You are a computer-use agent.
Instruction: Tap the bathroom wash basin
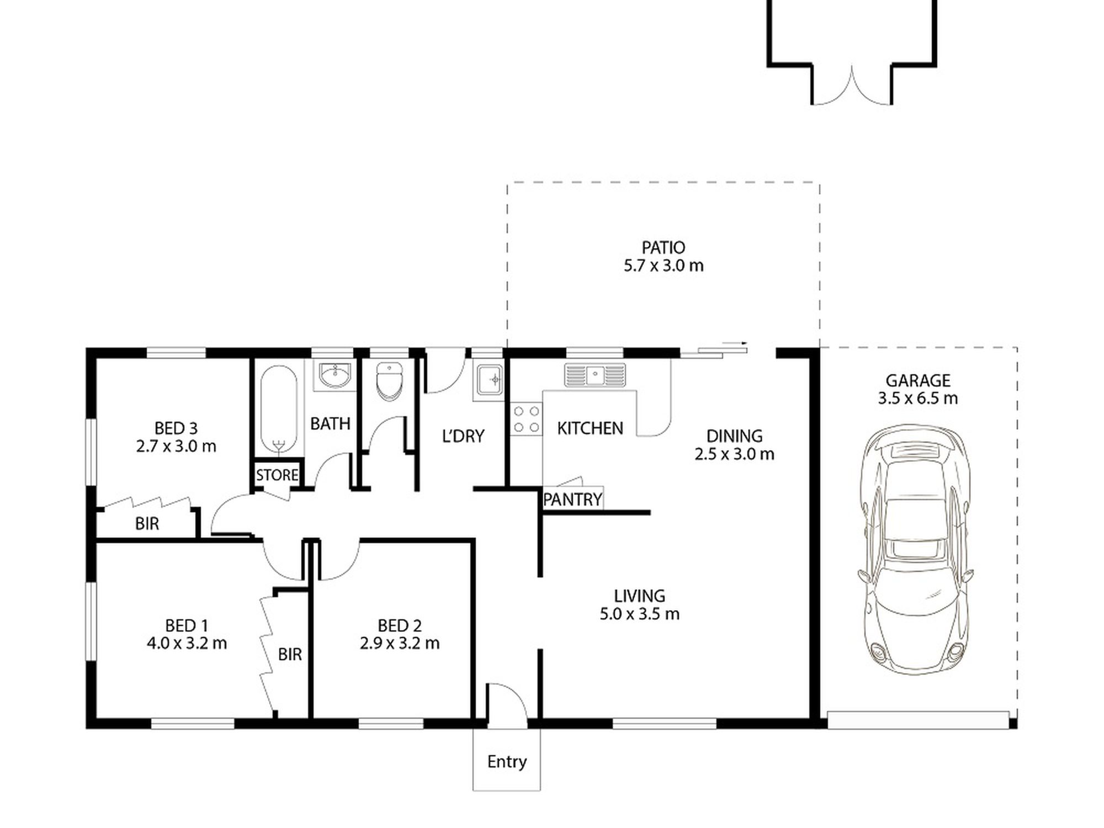point(335,375)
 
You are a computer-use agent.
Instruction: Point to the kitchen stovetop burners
point(526,419)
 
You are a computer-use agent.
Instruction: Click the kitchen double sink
point(595,375)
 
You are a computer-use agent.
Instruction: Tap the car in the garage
point(915,550)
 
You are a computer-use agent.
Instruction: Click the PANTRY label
point(572,500)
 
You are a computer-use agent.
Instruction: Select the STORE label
point(277,475)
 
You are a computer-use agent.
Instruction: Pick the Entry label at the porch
point(507,762)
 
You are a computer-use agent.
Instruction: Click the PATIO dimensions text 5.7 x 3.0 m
point(664,266)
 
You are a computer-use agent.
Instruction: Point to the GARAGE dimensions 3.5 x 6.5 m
point(918,398)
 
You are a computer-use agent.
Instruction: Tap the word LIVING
point(640,596)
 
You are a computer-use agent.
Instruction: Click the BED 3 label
point(176,428)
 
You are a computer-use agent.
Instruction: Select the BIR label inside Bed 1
point(290,655)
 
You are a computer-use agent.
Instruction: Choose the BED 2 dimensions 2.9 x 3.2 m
point(400,643)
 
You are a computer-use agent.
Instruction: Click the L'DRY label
point(463,436)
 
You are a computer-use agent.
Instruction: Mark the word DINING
point(735,436)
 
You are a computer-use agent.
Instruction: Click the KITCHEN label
point(590,428)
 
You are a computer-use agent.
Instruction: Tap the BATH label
point(330,424)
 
